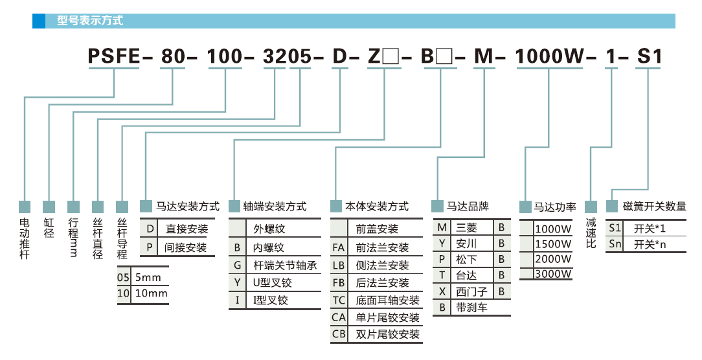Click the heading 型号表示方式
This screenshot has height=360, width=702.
click(89, 21)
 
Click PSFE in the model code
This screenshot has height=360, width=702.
click(114, 57)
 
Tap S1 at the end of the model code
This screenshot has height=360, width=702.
click(650, 57)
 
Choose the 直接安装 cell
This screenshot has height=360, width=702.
click(187, 229)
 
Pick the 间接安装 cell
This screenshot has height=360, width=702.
click(187, 247)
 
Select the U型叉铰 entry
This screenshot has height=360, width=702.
click(272, 283)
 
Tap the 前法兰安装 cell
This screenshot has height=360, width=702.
click(382, 247)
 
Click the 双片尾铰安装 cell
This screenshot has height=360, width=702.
click(387, 334)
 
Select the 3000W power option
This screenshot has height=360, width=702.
click(554, 274)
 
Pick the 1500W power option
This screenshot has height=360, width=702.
click(554, 243)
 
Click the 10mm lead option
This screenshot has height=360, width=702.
click(150, 293)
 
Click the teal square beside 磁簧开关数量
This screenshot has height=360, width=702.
click(612, 207)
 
